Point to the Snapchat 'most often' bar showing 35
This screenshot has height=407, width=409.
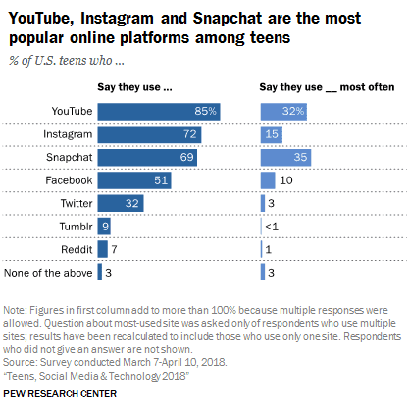pyautogui.click(x=290, y=157)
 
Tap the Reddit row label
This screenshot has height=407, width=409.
pyautogui.click(x=75, y=249)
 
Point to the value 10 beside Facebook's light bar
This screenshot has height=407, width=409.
pyautogui.click(x=286, y=179)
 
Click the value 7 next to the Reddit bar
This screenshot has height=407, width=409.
pyautogui.click(x=114, y=249)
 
